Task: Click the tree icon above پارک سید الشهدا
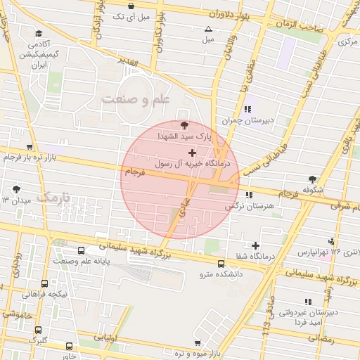[184, 124]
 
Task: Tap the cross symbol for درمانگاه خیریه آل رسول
[192, 152]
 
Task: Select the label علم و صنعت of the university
[136, 100]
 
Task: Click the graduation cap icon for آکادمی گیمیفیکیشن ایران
[39, 32]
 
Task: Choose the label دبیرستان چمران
[247, 120]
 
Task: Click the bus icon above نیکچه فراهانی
[45, 283]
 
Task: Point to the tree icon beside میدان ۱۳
[16, 189]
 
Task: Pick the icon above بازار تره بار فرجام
[29, 148]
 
